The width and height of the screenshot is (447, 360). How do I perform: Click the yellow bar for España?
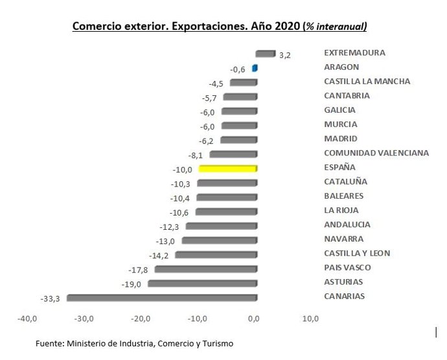(228, 168)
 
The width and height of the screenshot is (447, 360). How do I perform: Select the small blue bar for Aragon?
(255, 67)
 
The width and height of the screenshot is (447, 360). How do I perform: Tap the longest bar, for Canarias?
(162, 297)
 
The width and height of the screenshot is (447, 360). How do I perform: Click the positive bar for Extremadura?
(266, 53)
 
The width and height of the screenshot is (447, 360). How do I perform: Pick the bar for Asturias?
(203, 283)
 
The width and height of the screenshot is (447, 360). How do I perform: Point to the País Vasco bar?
(206, 269)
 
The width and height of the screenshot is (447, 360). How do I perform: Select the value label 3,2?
(284, 56)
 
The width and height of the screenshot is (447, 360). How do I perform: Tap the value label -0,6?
(238, 69)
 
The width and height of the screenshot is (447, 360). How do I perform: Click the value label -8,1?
(196, 155)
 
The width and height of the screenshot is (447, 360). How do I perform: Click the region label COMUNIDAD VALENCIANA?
(376, 153)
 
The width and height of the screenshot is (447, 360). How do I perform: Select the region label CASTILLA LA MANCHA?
(367, 82)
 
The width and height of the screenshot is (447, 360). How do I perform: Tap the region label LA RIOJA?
(341, 210)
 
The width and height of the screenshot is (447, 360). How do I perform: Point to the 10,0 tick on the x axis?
(310, 319)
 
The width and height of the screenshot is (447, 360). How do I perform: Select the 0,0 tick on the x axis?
(254, 319)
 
